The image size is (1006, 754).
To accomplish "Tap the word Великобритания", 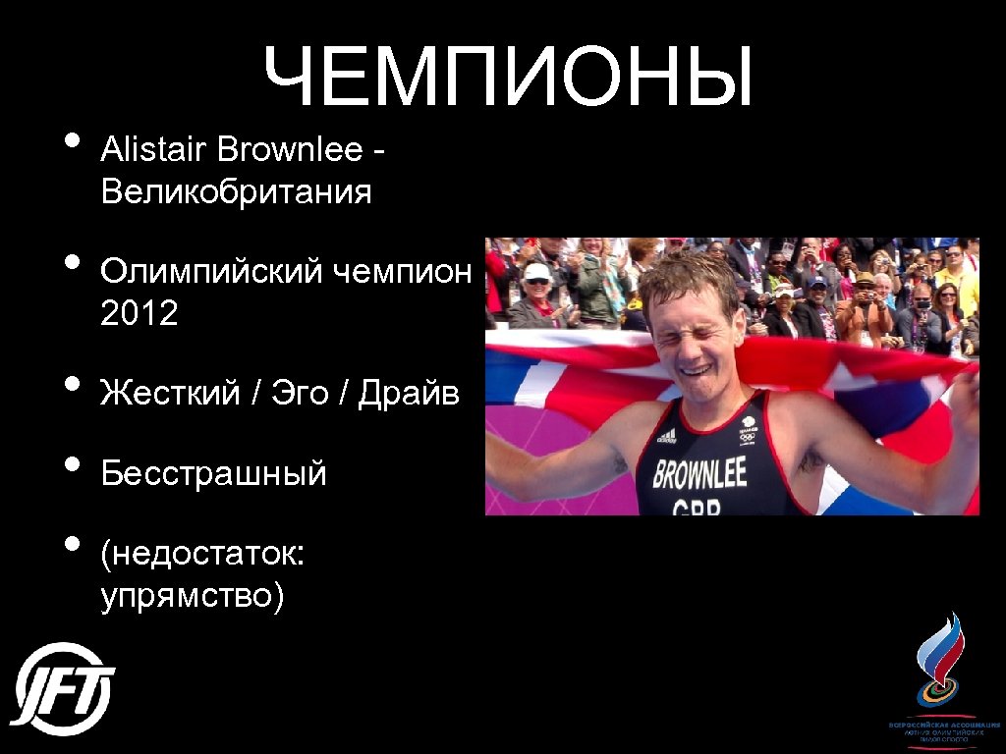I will [x=236, y=191].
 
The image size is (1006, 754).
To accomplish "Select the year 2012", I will [x=139, y=314].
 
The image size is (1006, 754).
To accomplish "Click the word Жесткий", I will [x=170, y=393].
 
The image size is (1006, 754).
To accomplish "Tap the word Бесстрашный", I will [x=213, y=474].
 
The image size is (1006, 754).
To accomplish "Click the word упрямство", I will [x=193, y=596].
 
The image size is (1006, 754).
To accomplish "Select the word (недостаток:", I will [x=202, y=556].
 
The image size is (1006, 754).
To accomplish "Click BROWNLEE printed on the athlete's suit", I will [x=699, y=473].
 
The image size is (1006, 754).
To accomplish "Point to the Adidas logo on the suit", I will [x=667, y=435].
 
